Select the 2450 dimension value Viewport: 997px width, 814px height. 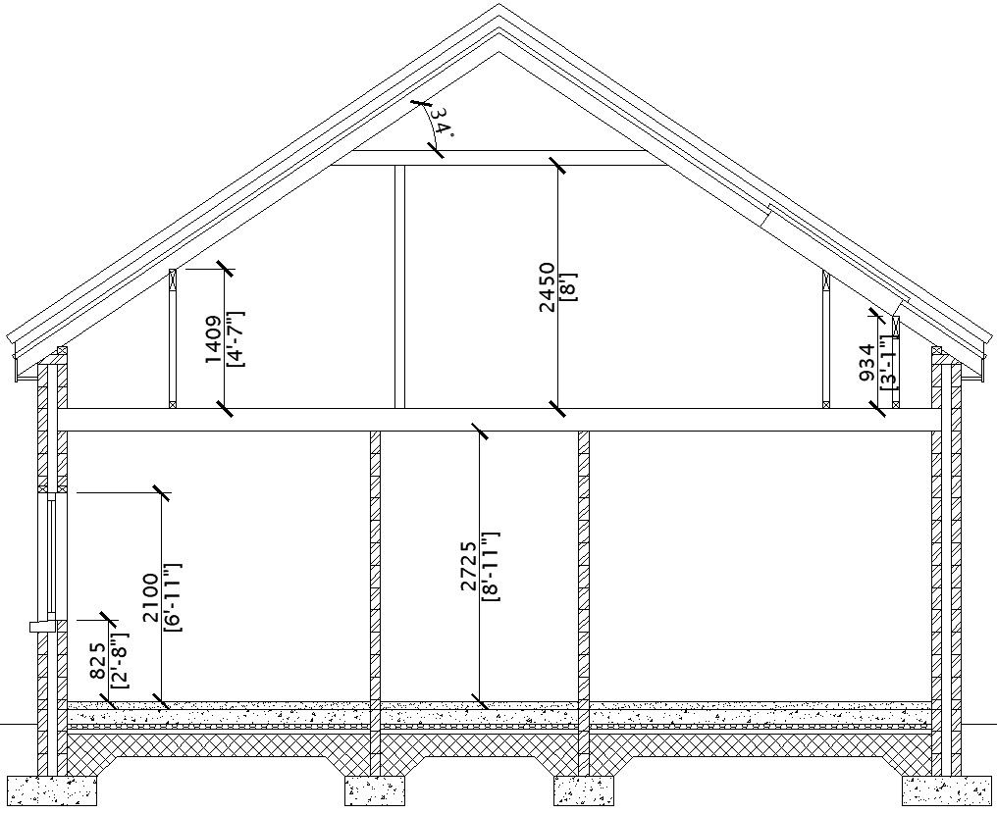(548, 286)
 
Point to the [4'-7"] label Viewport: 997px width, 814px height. (235, 338)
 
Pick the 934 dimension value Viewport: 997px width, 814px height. (866, 362)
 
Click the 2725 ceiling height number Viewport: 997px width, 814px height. (468, 566)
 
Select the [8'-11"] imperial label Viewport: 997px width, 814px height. (490, 566)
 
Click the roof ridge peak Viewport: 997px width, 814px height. (499, 8)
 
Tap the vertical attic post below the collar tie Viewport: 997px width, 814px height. (399, 285)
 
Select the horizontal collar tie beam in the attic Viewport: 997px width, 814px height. (491, 158)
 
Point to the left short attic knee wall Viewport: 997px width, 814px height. (173, 337)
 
